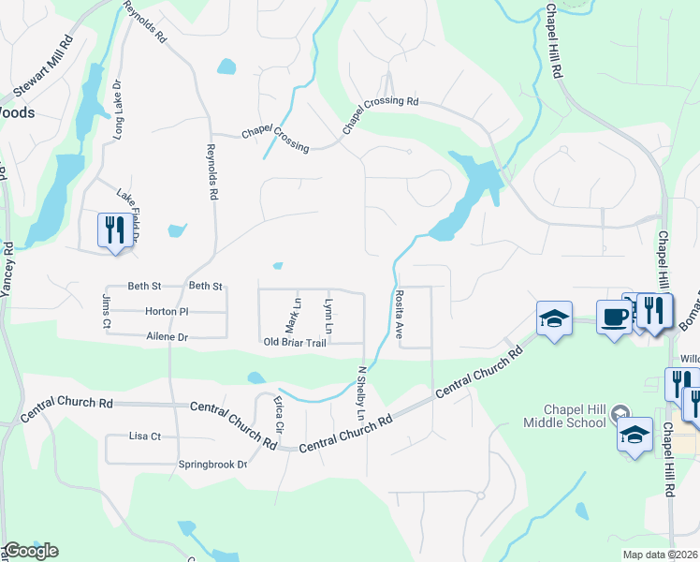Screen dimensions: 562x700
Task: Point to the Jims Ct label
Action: point(106,311)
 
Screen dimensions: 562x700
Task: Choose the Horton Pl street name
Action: point(168,311)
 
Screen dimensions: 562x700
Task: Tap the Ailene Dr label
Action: point(168,336)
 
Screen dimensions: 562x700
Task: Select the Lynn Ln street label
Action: point(328,317)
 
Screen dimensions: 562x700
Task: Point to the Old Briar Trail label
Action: point(294,343)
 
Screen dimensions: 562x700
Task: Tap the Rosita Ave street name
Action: point(399,313)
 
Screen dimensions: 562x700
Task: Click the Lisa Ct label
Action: point(145,436)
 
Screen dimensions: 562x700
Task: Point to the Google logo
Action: point(30,551)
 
